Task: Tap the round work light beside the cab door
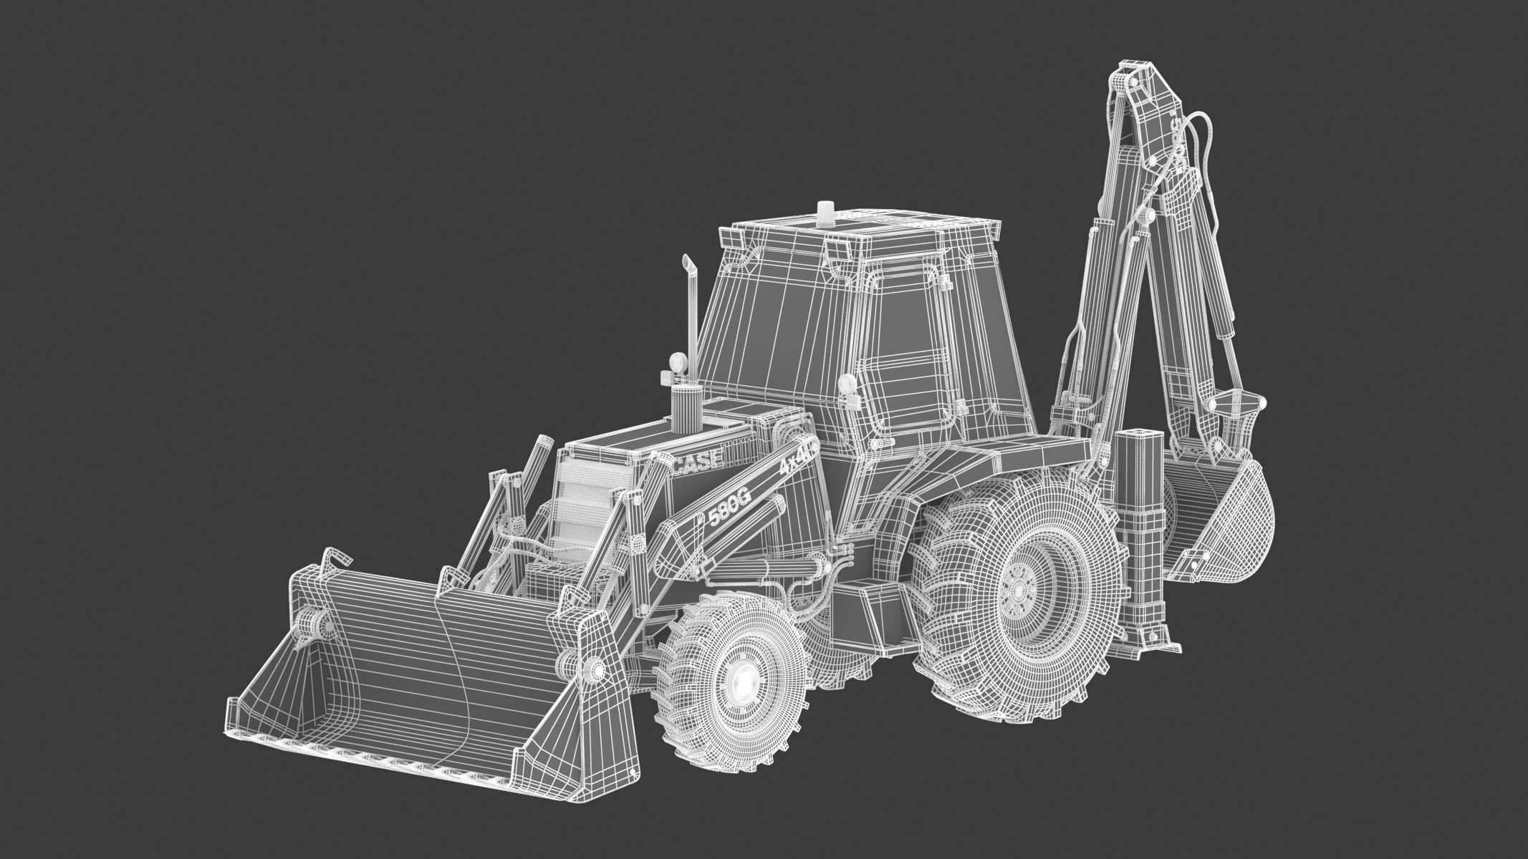tap(846, 384)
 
